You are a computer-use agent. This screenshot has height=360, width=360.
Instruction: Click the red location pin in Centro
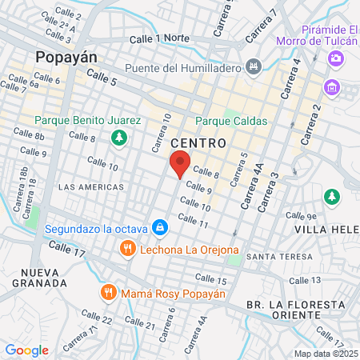click(x=180, y=162)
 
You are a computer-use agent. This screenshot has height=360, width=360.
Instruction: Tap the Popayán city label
click(x=66, y=58)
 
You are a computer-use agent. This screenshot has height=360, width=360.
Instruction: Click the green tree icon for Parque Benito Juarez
click(x=118, y=138)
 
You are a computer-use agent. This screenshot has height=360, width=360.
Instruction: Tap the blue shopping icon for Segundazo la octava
click(x=160, y=228)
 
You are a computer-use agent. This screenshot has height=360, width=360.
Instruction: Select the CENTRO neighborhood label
click(x=198, y=142)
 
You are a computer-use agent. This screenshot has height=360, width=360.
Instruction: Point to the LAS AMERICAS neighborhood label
click(x=91, y=186)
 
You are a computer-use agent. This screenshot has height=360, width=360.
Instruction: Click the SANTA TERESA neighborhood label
click(x=273, y=257)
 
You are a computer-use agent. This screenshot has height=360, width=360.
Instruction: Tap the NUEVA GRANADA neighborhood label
click(x=39, y=277)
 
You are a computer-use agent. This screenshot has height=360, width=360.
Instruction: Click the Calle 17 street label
click(x=67, y=250)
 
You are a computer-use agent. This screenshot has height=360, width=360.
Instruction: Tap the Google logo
click(x=27, y=350)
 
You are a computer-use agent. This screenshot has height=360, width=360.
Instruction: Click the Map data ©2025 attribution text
click(x=326, y=354)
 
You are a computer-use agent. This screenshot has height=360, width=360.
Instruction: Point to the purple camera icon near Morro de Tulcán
click(x=336, y=58)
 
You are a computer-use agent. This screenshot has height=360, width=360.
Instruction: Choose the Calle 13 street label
click(x=305, y=280)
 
